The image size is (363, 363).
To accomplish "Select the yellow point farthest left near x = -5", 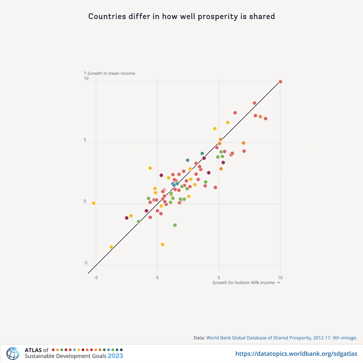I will tap(93, 203).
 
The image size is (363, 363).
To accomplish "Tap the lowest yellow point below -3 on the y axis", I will tap(163, 245).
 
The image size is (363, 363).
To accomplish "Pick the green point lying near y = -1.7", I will tap(175, 225).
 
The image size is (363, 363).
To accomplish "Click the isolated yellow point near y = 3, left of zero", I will tap(150, 168).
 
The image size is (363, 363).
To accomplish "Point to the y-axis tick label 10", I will tap(86, 79).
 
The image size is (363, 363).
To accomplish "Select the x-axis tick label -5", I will tap(96, 278).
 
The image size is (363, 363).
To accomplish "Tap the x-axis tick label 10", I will tap(280, 278).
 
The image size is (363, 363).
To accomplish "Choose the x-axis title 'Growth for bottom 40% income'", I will tap(246, 283).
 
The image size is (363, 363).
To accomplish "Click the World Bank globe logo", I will tap(12, 353).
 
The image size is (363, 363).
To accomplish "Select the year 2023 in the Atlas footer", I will tap(115, 356).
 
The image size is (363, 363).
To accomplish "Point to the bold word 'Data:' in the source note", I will tap(199, 338).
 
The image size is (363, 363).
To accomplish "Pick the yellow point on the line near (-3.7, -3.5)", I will tap(111, 247).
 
